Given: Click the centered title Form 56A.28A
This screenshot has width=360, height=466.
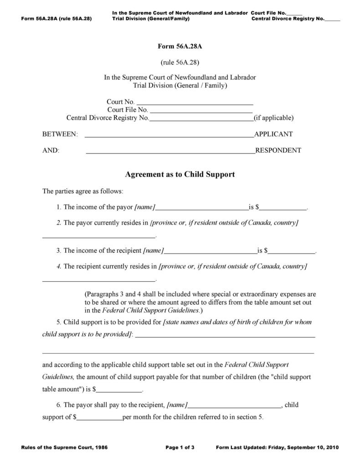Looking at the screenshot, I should [x=180, y=46].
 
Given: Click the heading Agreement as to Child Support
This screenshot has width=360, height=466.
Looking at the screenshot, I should [x=180, y=174].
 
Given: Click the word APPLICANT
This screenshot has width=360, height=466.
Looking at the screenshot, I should [x=273, y=134].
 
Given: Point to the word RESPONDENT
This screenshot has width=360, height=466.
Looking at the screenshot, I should [x=278, y=150].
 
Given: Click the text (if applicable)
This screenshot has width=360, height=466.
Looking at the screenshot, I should [x=274, y=118].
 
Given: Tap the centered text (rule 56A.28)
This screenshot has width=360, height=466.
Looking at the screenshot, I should [x=180, y=62].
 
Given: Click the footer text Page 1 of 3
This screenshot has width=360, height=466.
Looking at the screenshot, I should [x=180, y=447].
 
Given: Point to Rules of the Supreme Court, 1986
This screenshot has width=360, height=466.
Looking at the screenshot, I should [x=64, y=447].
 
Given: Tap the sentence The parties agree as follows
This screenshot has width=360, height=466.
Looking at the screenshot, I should [x=82, y=191].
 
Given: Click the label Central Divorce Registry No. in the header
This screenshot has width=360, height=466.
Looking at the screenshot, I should [x=287, y=19].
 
